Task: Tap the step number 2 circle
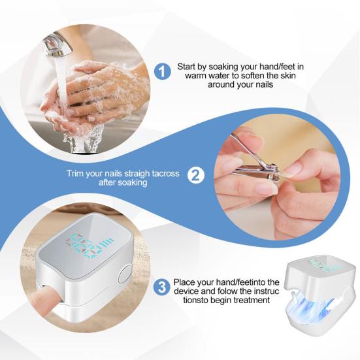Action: tap(196, 176)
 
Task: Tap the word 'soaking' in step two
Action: tap(131, 183)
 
